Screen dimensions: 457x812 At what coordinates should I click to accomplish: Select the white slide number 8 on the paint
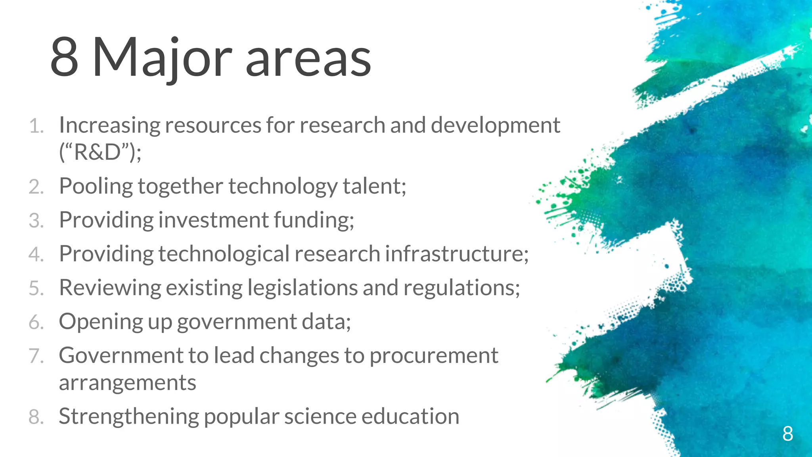tap(787, 434)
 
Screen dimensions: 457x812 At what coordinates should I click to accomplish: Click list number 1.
tap(36, 127)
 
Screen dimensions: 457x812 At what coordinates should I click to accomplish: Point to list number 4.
tap(36, 254)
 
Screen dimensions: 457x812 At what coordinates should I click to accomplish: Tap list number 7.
tap(36, 356)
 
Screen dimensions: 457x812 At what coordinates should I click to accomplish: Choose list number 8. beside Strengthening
tap(36, 417)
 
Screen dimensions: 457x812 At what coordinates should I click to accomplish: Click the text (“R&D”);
tap(100, 152)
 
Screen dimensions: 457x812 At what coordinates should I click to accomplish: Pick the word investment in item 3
tap(214, 220)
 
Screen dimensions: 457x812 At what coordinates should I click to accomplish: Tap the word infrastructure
tap(456, 254)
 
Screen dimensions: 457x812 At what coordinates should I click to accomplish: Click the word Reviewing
tap(110, 288)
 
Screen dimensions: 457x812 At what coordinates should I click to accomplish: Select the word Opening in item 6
tap(101, 322)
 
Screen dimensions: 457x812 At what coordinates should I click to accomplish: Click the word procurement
tap(434, 356)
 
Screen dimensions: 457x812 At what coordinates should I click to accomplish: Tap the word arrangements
tap(127, 383)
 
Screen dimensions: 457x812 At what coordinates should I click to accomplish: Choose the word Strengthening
tap(128, 417)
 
